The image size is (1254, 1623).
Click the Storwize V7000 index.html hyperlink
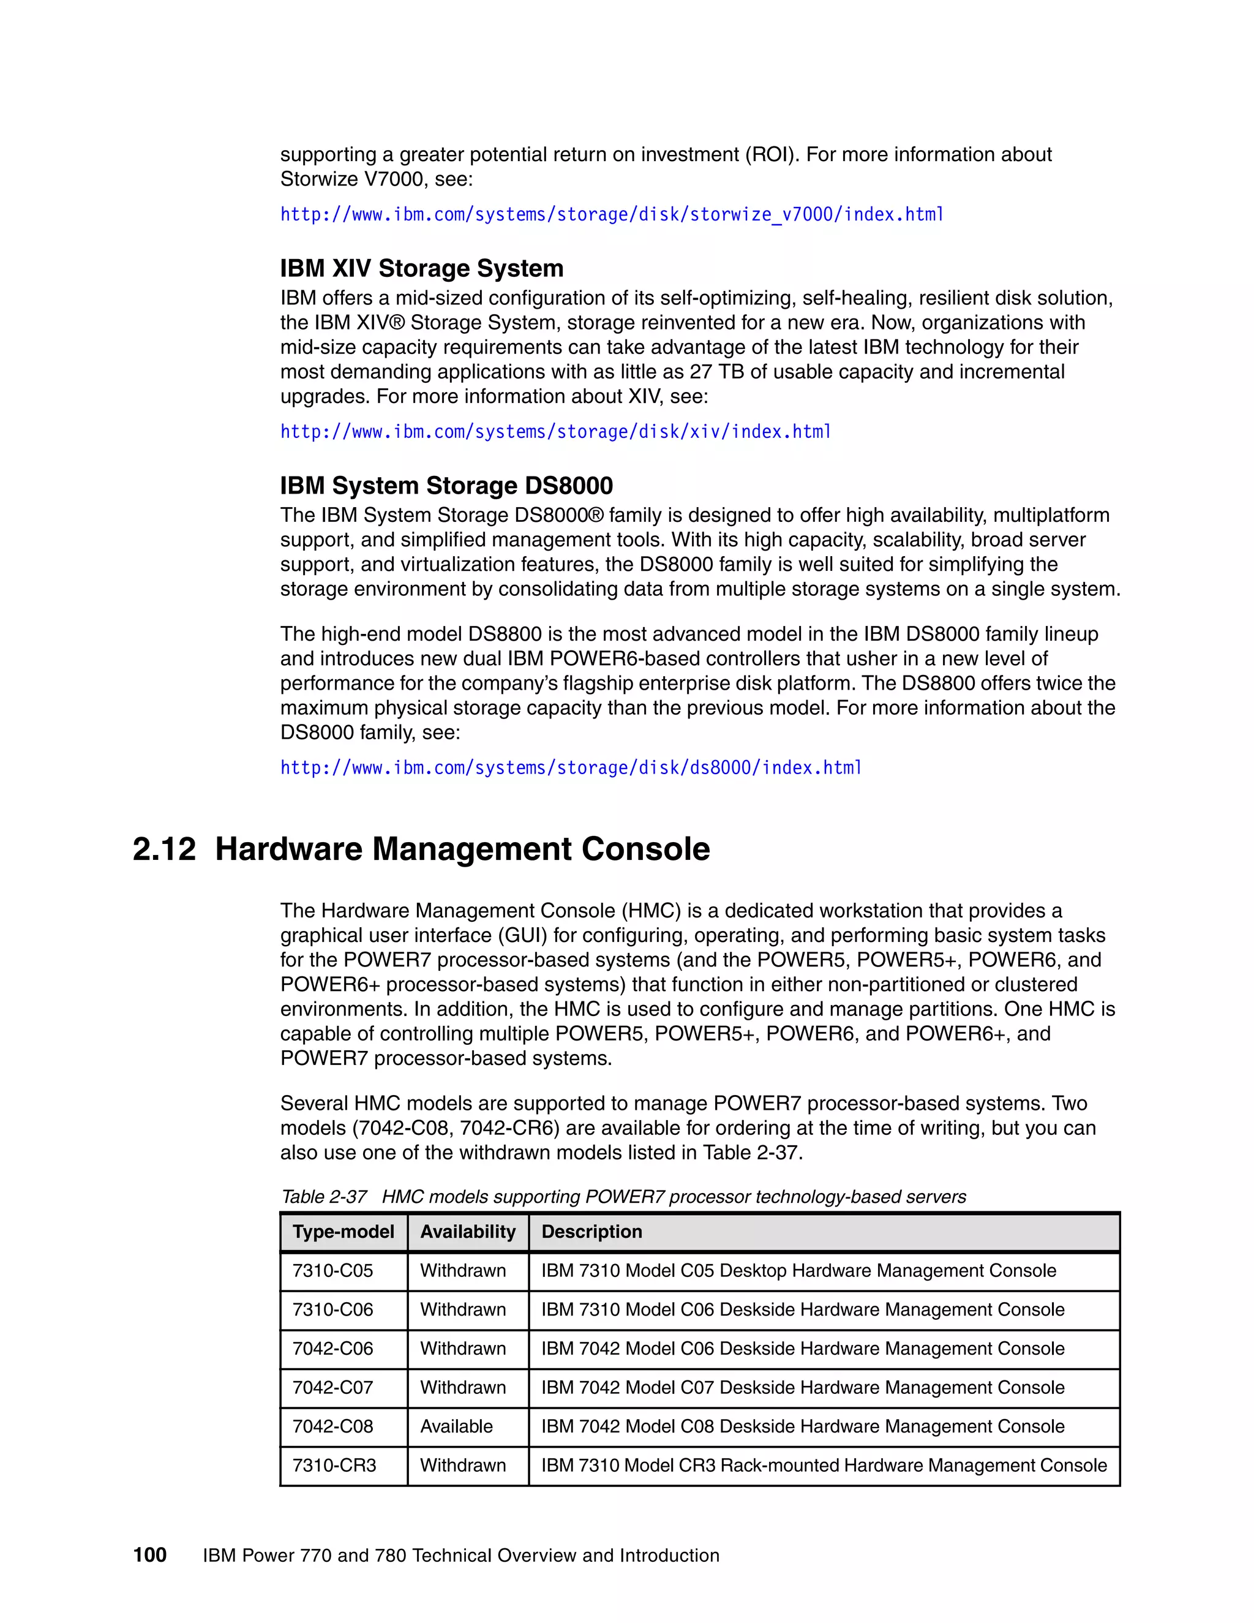[612, 215]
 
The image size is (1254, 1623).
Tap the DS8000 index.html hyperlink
[571, 767]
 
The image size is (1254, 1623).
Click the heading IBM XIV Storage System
[421, 268]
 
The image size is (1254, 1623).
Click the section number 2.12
[164, 849]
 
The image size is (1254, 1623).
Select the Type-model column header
[344, 1232]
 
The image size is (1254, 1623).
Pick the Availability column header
[467, 1232]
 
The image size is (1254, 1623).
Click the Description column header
[591, 1232]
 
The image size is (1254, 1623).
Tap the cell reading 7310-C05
[333, 1271]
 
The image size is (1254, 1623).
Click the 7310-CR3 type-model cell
[334, 1466]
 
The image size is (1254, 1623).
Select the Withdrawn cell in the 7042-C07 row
[463, 1387]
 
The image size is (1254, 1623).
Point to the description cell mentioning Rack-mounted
[823, 1466]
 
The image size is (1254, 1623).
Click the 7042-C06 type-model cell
[333, 1348]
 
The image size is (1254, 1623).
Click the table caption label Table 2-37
[324, 1197]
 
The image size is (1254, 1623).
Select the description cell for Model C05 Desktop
[798, 1271]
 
